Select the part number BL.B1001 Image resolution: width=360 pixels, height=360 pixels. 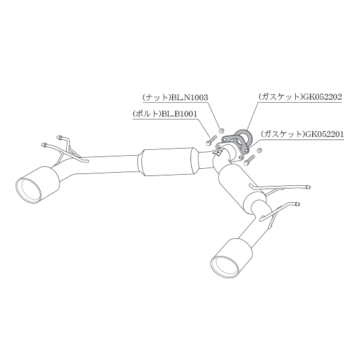[x=179, y=114]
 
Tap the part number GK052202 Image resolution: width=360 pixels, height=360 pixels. [x=323, y=97]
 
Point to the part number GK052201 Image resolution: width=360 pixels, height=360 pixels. [x=325, y=134]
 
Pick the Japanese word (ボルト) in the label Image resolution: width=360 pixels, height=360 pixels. [x=147, y=114]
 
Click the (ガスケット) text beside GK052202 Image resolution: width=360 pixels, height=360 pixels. [x=281, y=97]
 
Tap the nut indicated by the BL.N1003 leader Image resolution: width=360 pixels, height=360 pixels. [x=221, y=131]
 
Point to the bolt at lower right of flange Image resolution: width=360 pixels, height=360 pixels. [x=249, y=160]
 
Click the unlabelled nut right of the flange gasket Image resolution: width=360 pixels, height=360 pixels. [x=259, y=151]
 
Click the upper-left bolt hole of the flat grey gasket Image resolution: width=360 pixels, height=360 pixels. [x=225, y=139]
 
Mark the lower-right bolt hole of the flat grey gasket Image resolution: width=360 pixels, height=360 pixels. [x=247, y=150]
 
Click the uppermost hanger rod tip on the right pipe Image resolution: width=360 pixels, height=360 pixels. [x=308, y=187]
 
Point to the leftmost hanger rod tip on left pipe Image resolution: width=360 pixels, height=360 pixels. [x=43, y=145]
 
